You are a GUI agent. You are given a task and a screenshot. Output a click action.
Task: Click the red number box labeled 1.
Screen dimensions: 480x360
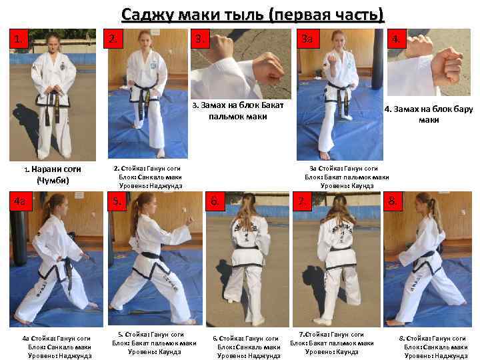click(x=19, y=39)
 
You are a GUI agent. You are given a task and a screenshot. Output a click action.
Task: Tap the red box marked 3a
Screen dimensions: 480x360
click(x=308, y=39)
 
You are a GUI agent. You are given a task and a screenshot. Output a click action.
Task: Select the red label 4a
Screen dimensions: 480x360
click(x=21, y=201)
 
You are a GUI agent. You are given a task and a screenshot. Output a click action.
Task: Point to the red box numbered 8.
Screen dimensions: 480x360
click(x=393, y=201)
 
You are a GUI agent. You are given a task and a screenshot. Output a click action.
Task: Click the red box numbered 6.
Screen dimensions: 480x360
click(x=215, y=201)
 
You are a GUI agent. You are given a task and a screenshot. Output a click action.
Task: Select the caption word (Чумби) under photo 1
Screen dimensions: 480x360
click(x=53, y=180)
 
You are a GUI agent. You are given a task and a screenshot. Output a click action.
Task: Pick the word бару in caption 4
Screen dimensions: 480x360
click(x=463, y=109)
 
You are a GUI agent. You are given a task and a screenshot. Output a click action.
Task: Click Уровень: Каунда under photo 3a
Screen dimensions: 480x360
click(x=347, y=186)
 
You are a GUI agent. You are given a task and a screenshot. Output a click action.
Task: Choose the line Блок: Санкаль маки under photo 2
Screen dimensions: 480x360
click(x=150, y=177)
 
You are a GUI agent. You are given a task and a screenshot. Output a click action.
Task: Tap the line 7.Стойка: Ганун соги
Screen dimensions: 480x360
click(x=331, y=335)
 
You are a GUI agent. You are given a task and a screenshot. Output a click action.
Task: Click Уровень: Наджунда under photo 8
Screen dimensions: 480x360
click(x=436, y=356)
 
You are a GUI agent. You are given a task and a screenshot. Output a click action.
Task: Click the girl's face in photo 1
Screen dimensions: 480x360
click(x=53, y=43)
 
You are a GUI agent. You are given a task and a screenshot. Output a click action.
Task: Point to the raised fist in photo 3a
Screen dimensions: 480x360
click(x=331, y=58)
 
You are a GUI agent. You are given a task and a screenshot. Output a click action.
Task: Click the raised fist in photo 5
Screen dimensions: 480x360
click(x=189, y=220)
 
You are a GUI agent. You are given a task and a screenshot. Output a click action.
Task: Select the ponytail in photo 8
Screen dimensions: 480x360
click(x=435, y=211)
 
